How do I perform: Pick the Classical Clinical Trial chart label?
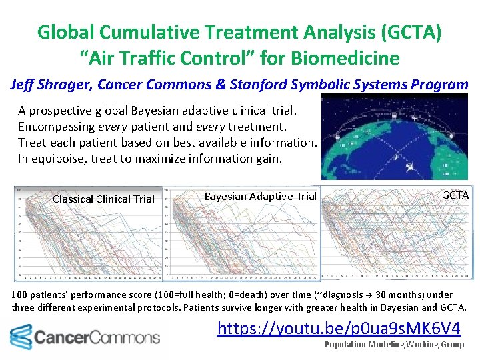coord(103,199)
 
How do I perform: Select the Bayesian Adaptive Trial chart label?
coord(260,196)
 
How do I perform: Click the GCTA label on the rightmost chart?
coord(455,195)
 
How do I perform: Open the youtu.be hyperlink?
coord(339,329)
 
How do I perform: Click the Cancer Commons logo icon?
coord(21,337)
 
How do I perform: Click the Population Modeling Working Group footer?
coord(394,345)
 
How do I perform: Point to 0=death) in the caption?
coord(223,295)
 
